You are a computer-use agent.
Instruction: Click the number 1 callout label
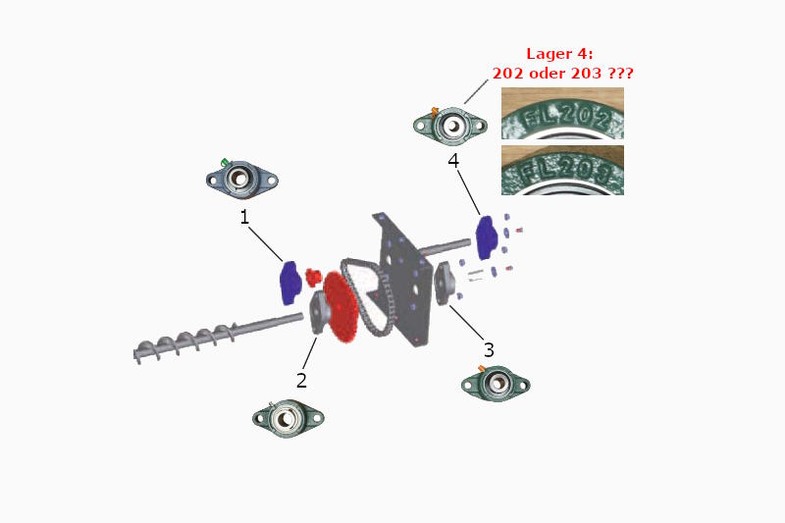coord(244,218)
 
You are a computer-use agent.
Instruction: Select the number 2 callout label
coord(302,379)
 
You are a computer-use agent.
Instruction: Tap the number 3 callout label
coord(489,349)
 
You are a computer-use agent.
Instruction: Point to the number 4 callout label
coord(453,160)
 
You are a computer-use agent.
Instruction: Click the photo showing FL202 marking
coord(562,114)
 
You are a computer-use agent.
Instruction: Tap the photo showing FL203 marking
coord(562,170)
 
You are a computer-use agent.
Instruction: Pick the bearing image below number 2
coord(288,418)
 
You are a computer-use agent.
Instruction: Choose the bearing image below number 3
coord(496,383)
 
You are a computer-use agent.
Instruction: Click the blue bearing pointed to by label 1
coord(290,281)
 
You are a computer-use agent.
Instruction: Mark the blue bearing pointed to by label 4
coord(488,233)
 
